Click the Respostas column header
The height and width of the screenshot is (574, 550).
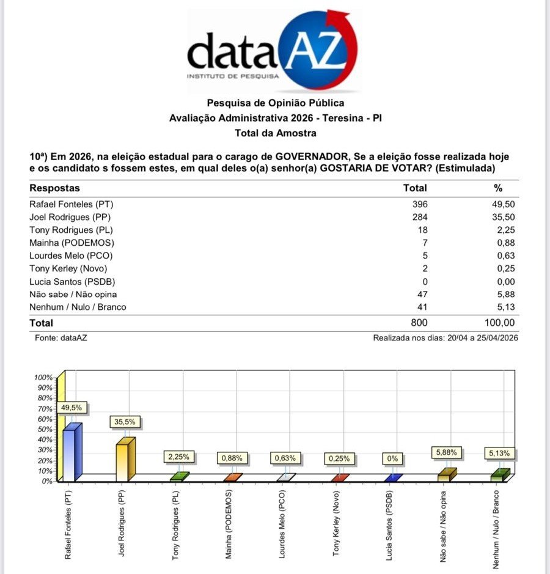pyautogui.click(x=55, y=188)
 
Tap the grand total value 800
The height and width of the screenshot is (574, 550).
pyautogui.click(x=419, y=323)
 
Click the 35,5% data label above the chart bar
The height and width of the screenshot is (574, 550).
pyautogui.click(x=124, y=422)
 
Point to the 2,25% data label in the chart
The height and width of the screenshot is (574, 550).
pyautogui.click(x=179, y=457)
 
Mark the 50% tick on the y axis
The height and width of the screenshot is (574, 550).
pyautogui.click(x=46, y=429)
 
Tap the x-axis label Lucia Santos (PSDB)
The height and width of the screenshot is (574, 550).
pyautogui.click(x=389, y=525)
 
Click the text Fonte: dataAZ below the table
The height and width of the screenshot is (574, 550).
pyautogui.click(x=56, y=338)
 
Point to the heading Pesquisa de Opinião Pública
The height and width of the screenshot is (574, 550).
pyautogui.click(x=275, y=103)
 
